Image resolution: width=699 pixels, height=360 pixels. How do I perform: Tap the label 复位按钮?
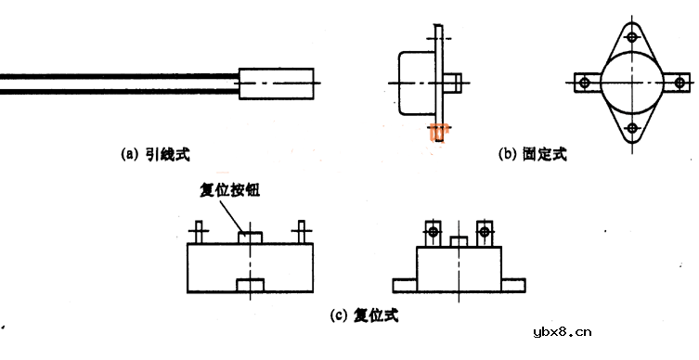click(229, 190)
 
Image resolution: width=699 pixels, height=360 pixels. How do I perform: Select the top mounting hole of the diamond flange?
click(632, 39)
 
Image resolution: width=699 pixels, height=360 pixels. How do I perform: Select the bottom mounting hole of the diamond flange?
click(632, 127)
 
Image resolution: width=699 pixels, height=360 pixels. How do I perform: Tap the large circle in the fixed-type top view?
click(632, 83)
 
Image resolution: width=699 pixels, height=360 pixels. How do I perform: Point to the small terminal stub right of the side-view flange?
click(452, 83)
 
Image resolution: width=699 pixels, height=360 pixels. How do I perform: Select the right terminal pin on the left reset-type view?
click(299, 232)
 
